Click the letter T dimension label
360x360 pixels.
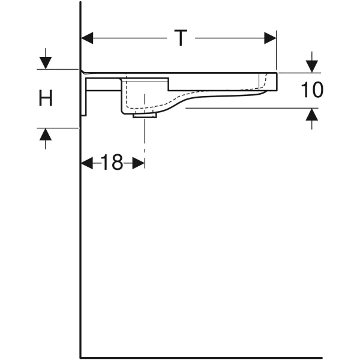click(x=181, y=38)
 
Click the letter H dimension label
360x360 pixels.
click(x=46, y=98)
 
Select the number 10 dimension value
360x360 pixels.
click(x=312, y=90)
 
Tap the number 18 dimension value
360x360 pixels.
click(x=112, y=163)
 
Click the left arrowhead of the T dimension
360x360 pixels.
click(x=87, y=38)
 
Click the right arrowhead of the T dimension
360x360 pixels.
click(x=270, y=38)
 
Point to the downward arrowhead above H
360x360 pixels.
click(x=46, y=63)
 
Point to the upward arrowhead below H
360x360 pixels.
click(x=46, y=134)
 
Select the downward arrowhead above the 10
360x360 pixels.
click(x=312, y=67)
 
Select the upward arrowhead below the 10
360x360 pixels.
click(x=312, y=115)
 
